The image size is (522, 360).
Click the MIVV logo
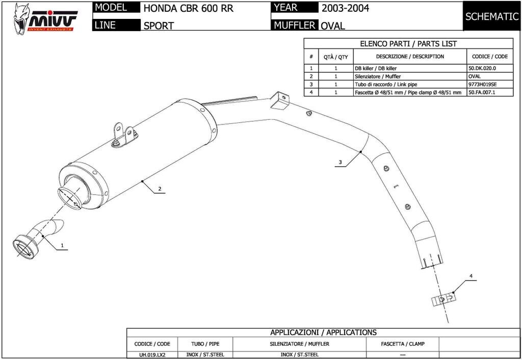pyautogui.click(x=45, y=18)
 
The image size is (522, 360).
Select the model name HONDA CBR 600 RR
pyautogui.click(x=188, y=9)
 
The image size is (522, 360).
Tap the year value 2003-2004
pyautogui.click(x=345, y=8)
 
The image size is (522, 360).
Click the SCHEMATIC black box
pyautogui.click(x=491, y=16)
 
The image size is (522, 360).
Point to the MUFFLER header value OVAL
pyautogui.click(x=333, y=25)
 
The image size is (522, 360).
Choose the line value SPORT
pyautogui.click(x=159, y=25)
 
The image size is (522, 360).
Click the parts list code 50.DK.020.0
pyautogui.click(x=482, y=68)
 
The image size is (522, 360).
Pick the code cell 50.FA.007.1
pyautogui.click(x=482, y=92)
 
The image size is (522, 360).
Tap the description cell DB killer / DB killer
pyautogui.click(x=376, y=68)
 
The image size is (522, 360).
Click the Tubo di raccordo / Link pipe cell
pyautogui.click(x=382, y=84)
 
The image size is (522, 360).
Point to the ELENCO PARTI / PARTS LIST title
pyautogui.click(x=408, y=44)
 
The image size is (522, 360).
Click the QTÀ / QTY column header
pyautogui.click(x=336, y=57)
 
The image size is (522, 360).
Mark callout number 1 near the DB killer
pyautogui.click(x=62, y=245)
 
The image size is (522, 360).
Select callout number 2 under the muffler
pyautogui.click(x=160, y=189)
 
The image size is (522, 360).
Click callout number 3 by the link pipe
pyautogui.click(x=340, y=163)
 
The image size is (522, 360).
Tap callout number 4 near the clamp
pyautogui.click(x=471, y=276)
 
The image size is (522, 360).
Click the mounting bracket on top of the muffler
pyautogui.click(x=122, y=135)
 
